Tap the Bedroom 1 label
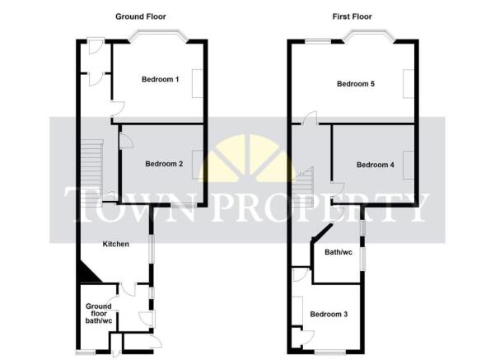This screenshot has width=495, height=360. [160, 79]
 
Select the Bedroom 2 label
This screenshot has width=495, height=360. [164, 164]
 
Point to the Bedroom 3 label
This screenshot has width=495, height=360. [329, 314]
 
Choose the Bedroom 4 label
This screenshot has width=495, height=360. [376, 165]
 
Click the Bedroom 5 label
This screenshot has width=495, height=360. [356, 83]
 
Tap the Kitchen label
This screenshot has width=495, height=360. [114, 244]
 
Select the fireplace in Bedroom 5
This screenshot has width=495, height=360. [409, 85]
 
